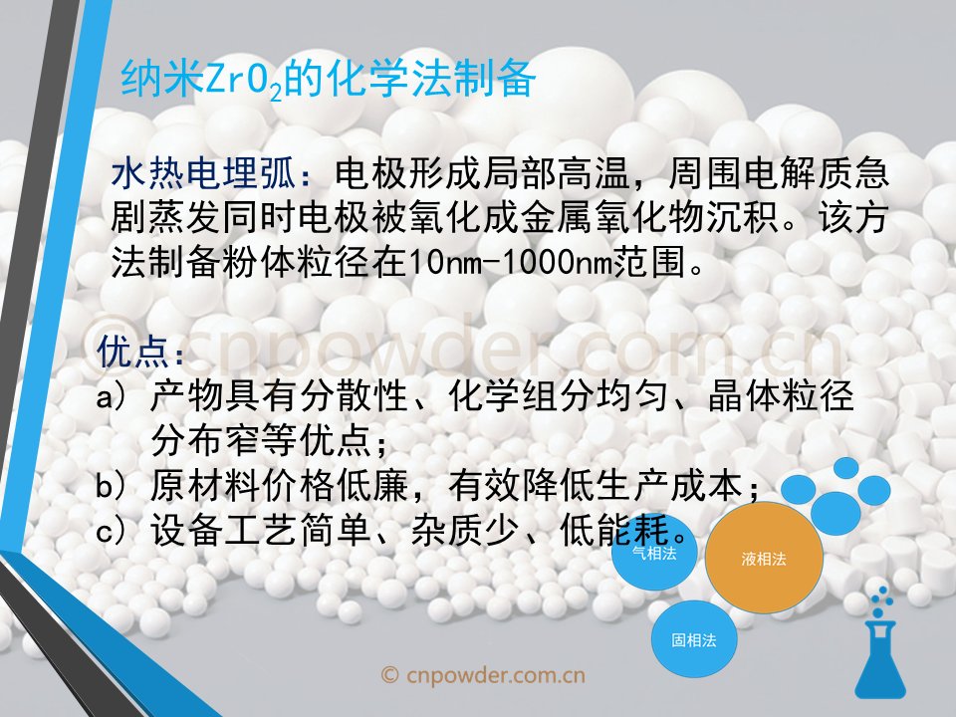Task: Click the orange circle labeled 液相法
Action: pyautogui.click(x=764, y=558)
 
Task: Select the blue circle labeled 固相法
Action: pyautogui.click(x=694, y=639)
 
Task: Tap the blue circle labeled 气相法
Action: pyautogui.click(x=654, y=554)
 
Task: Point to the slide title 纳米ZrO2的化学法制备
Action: pyautogui.click(x=328, y=79)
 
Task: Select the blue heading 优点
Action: pyautogui.click(x=132, y=351)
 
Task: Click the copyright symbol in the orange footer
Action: pyautogui.click(x=389, y=675)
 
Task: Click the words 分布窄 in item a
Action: pyautogui.click(x=205, y=441)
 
